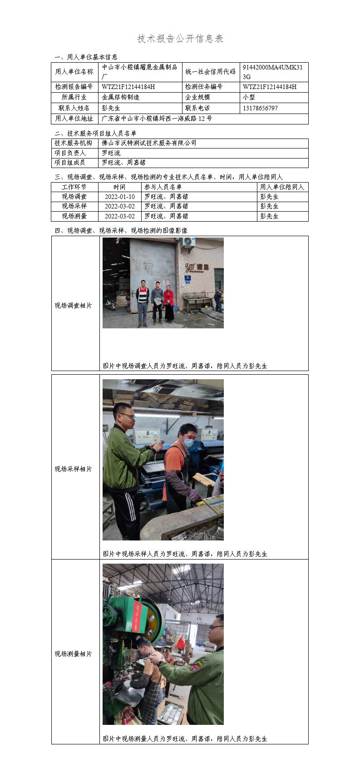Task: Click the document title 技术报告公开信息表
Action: pyautogui.click(x=180, y=39)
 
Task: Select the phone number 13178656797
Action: pyautogui.click(x=260, y=108)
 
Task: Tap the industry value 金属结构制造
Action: pyautogui.click(x=120, y=97)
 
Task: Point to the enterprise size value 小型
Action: pyautogui.click(x=249, y=97)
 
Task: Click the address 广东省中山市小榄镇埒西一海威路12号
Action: pyautogui.click(x=157, y=119)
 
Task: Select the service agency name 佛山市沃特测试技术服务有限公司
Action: pyautogui.click(x=149, y=143)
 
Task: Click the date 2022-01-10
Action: pyautogui.click(x=120, y=197)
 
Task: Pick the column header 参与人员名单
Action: pyautogui.click(x=163, y=187)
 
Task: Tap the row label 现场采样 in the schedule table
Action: pyautogui.click(x=74, y=206)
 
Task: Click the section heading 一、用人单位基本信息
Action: pyautogui.click(x=86, y=57)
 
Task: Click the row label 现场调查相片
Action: pyautogui.click(x=73, y=306)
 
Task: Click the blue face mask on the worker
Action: pyautogui.click(x=188, y=442)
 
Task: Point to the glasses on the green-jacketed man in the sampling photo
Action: pyautogui.click(x=128, y=416)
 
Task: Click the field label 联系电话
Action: pyautogui.click(x=197, y=108)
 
